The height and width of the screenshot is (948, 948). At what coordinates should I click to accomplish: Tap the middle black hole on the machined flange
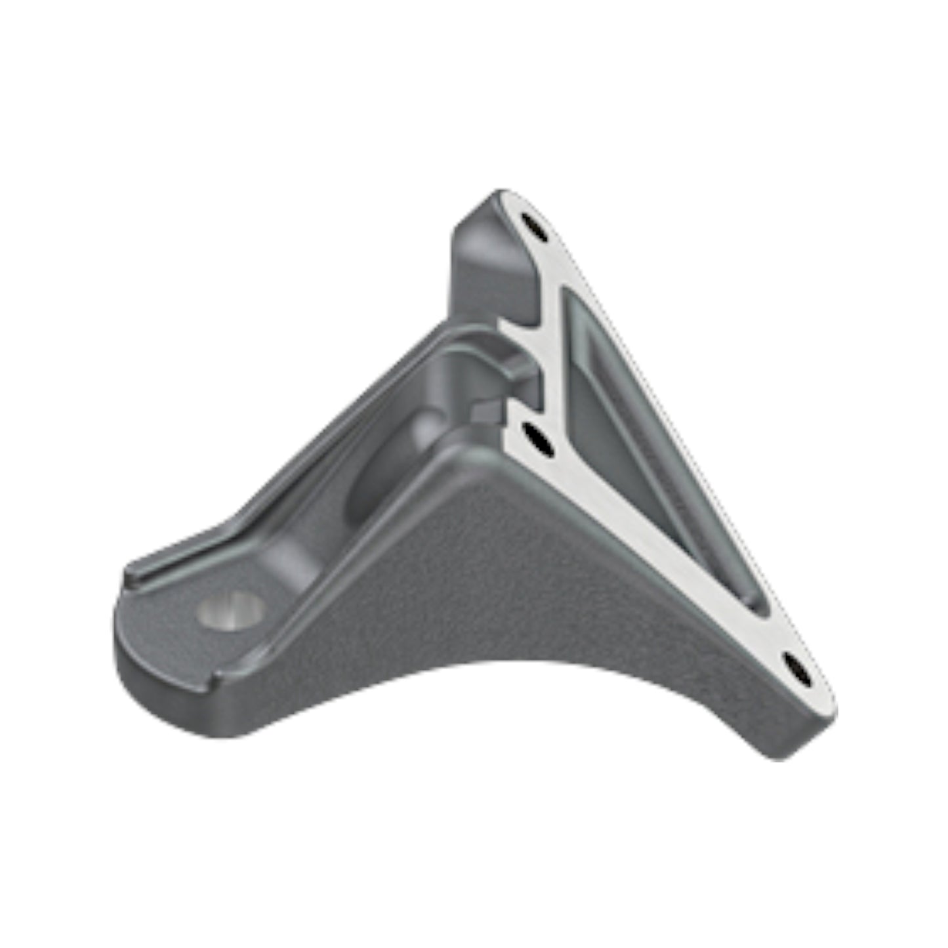click(x=539, y=442)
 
